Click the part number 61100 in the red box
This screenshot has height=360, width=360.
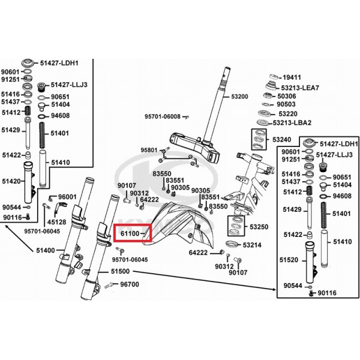(x=130, y=234)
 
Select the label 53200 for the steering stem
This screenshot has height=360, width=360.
(x=239, y=97)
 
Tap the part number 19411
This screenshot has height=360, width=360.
(x=292, y=77)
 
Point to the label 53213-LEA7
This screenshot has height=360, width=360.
(x=300, y=88)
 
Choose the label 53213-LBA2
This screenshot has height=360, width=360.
(x=292, y=123)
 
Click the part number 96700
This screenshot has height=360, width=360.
(x=130, y=284)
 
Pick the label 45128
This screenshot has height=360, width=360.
(x=57, y=222)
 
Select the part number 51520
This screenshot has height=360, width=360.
(x=289, y=260)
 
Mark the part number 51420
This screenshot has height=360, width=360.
(x=11, y=181)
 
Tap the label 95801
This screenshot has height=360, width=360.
(x=149, y=150)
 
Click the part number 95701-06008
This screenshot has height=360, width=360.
(x=163, y=116)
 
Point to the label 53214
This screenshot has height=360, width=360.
(x=252, y=245)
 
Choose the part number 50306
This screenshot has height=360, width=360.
(x=287, y=96)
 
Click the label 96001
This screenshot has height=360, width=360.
(x=67, y=197)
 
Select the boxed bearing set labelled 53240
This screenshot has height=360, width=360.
(x=259, y=139)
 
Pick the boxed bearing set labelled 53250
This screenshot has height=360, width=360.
(x=236, y=226)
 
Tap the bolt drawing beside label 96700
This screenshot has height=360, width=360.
(x=109, y=286)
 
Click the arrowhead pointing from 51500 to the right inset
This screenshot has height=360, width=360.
(x=274, y=290)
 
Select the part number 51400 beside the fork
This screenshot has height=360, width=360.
(x=46, y=250)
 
